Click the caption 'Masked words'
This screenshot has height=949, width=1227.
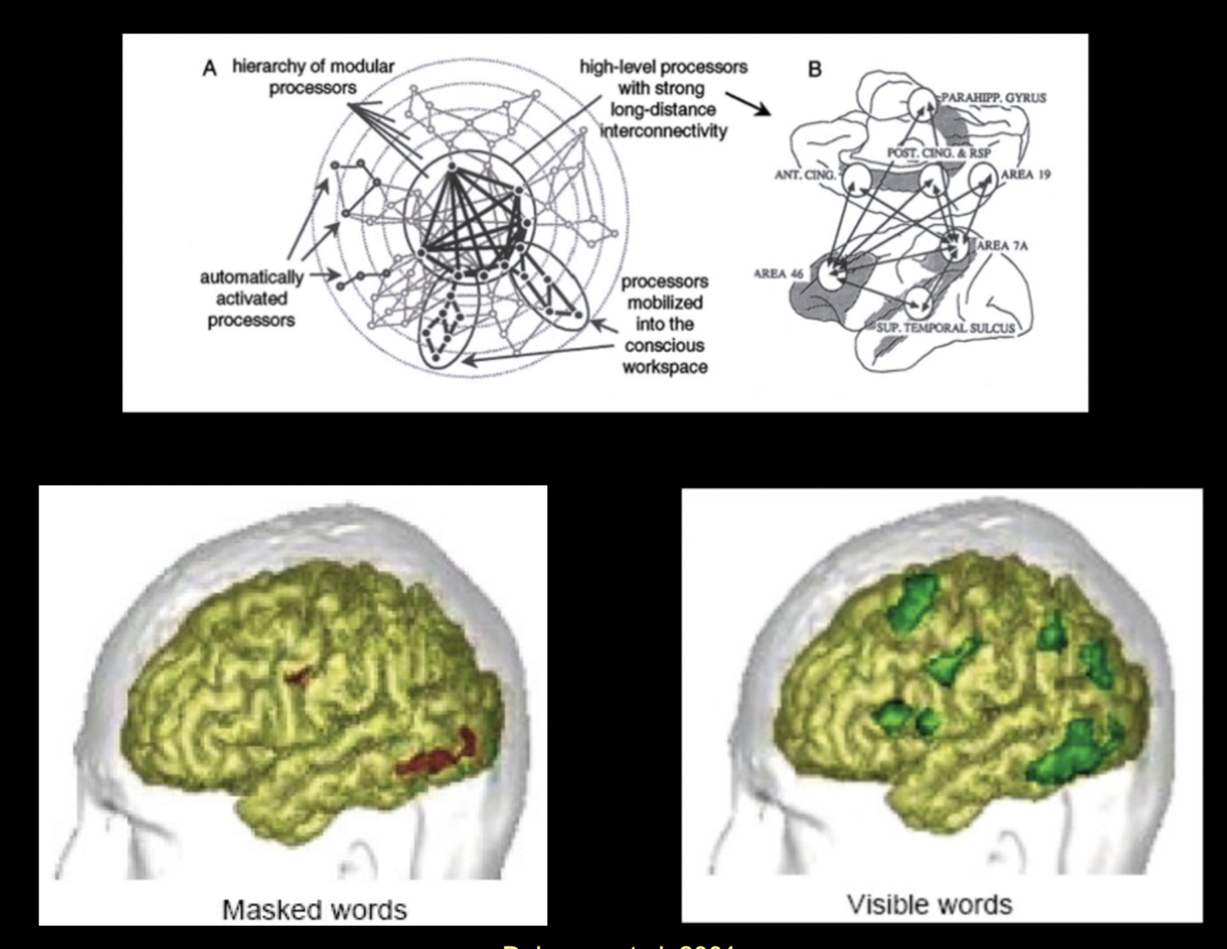[314, 909]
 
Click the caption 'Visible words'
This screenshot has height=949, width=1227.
[929, 904]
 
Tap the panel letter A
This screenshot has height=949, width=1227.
[210, 69]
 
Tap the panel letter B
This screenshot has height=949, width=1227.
[814, 69]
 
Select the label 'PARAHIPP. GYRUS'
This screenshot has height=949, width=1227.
[992, 98]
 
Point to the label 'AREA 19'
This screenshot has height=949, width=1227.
[1025, 174]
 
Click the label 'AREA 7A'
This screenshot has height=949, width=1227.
[1003, 246]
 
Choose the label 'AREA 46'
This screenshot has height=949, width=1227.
[778, 273]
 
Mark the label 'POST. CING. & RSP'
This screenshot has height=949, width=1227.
[938, 153]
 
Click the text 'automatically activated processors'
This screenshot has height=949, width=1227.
[250, 298]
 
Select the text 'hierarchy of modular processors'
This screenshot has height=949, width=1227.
[313, 77]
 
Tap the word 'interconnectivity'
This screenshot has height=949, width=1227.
[663, 131]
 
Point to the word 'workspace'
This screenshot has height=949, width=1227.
[664, 367]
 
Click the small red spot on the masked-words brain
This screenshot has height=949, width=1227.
[297, 677]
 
